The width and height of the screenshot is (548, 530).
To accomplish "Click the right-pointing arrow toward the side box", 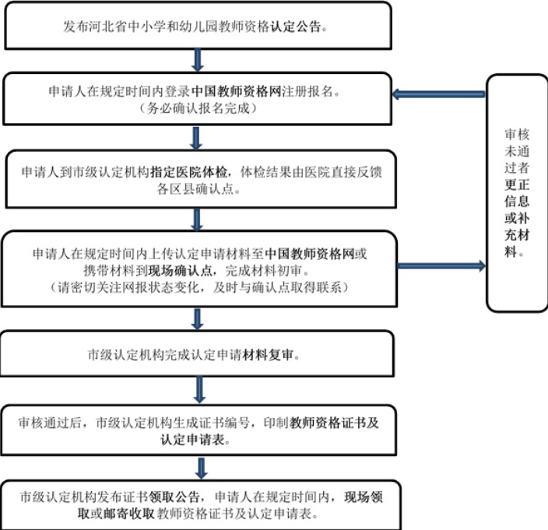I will tap(441, 266).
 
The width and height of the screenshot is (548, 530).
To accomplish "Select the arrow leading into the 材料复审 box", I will tap(197, 319).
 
